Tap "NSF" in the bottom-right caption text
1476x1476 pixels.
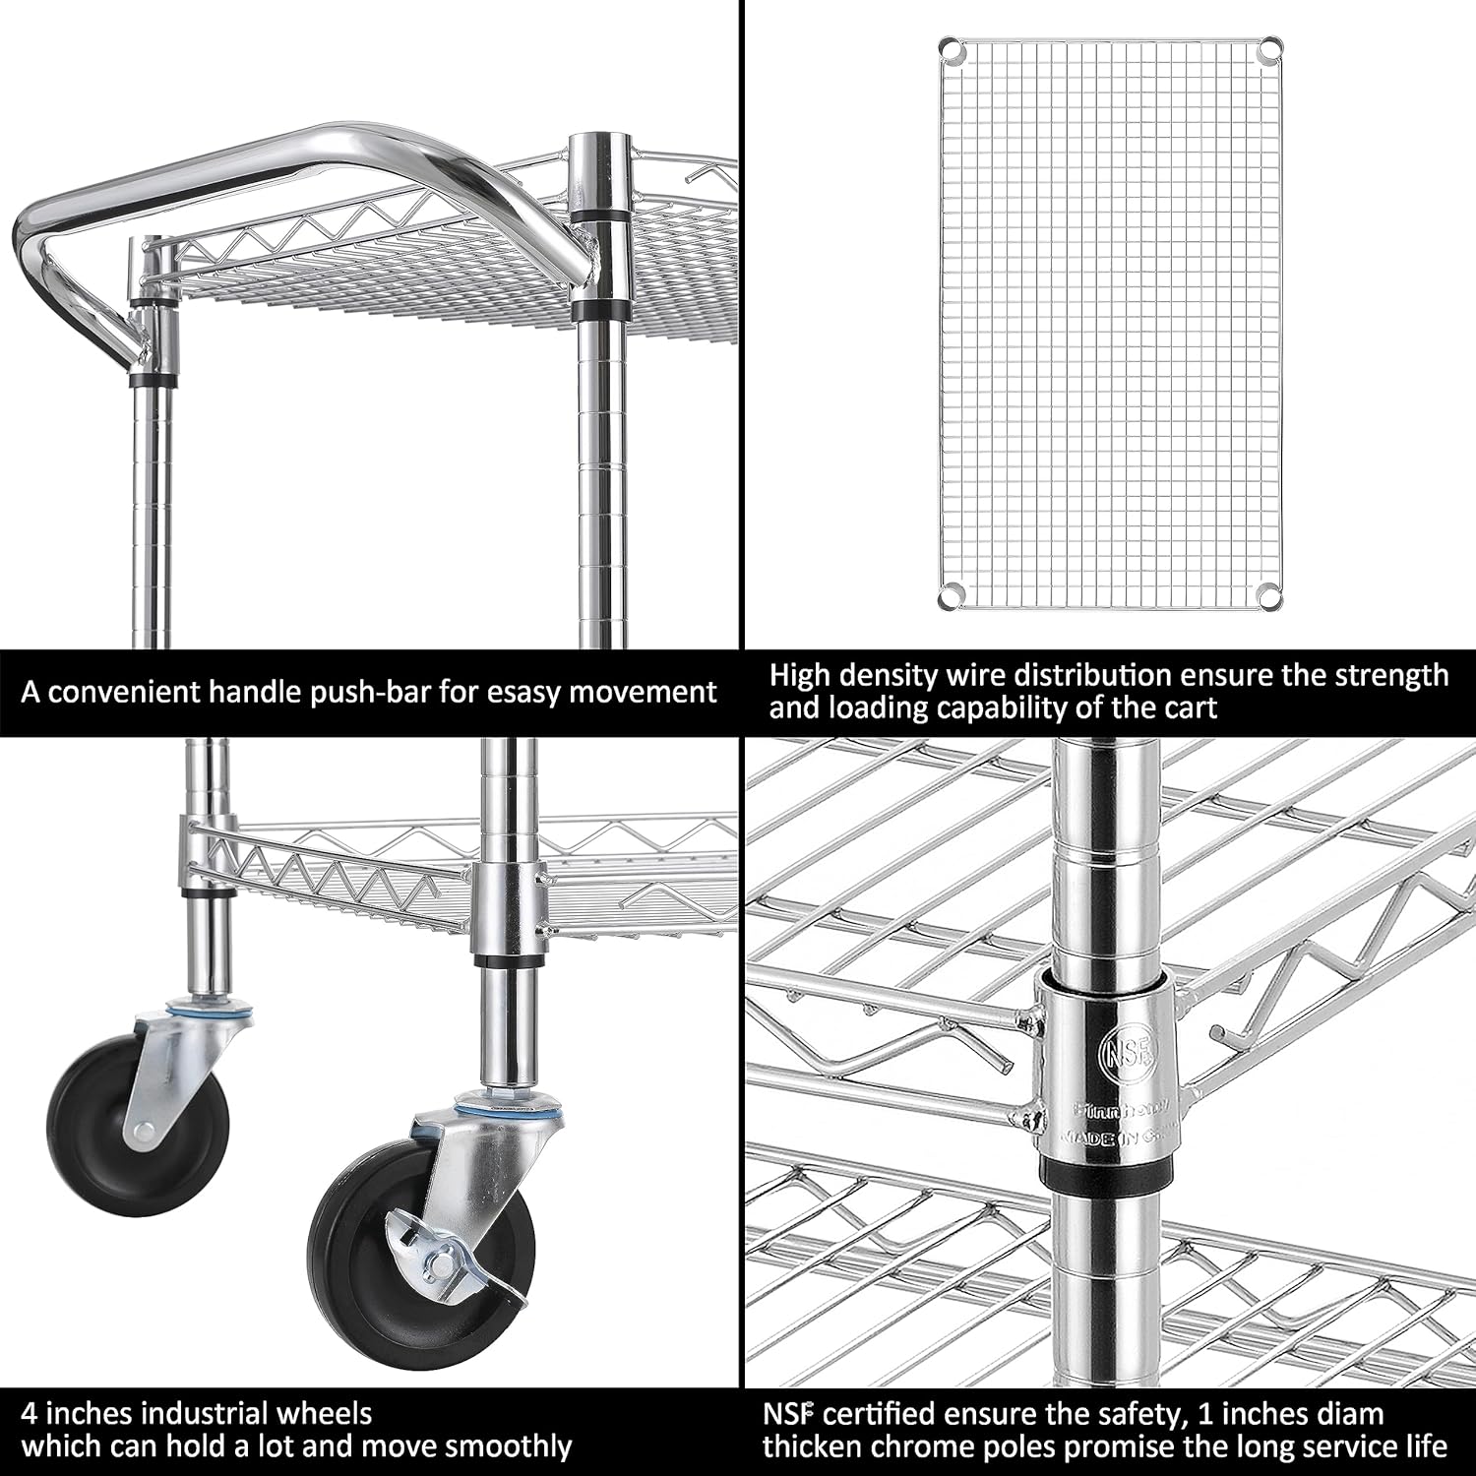tap(789, 1415)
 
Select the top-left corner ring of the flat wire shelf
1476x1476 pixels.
tap(950, 47)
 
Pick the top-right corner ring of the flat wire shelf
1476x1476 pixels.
tap(1270, 47)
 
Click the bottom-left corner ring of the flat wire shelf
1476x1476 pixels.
tap(950, 596)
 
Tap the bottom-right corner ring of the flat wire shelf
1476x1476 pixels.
tap(1270, 596)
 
